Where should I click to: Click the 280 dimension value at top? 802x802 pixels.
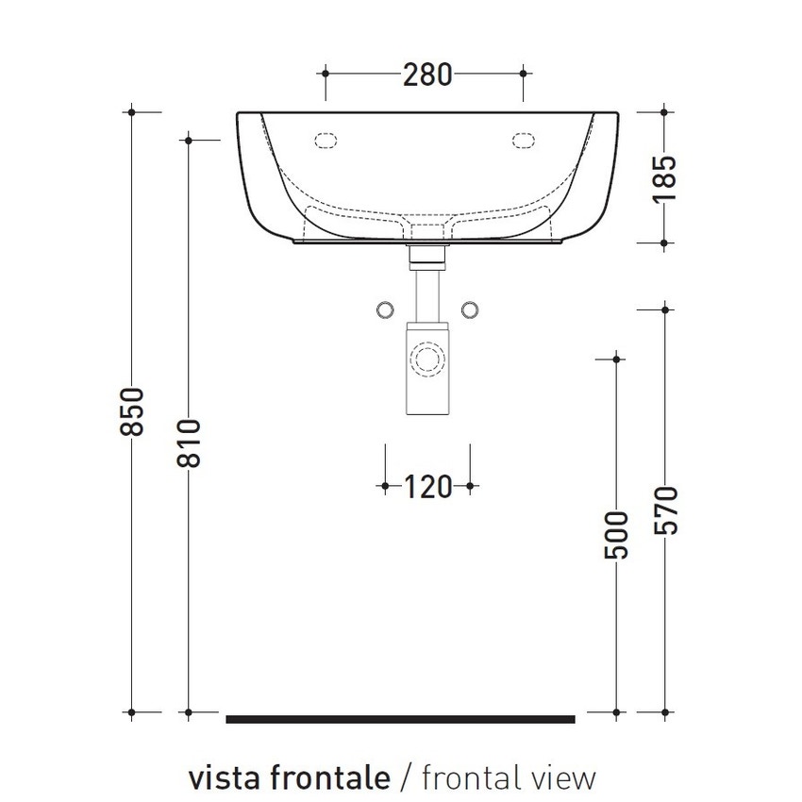[x=427, y=73]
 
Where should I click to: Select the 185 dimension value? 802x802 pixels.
[x=665, y=177]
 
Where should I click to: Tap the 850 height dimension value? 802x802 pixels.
[x=134, y=411]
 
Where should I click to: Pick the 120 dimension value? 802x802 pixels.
[x=427, y=487]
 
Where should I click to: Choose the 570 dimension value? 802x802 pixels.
[x=666, y=510]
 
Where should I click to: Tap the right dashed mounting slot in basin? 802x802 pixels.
[x=524, y=141]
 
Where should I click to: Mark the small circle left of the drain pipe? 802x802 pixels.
[x=385, y=309]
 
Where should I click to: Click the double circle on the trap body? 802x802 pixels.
[x=427, y=359]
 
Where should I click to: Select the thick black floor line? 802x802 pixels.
[x=400, y=719]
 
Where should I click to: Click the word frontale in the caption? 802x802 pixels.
[x=329, y=778]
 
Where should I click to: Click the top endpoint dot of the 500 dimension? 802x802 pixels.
[x=616, y=359]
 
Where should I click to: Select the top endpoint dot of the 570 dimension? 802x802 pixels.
[x=666, y=308]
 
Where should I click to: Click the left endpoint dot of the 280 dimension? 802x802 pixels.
[x=325, y=72]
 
